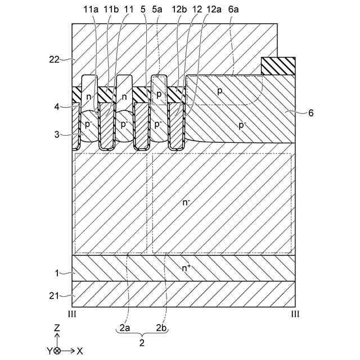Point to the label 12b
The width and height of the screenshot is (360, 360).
click(180, 10)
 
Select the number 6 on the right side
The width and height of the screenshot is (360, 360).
click(311, 113)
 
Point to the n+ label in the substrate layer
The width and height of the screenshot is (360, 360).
click(186, 268)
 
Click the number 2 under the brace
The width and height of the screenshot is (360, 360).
click(142, 341)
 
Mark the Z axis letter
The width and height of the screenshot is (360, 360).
click(57, 327)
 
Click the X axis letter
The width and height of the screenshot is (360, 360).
click(80, 350)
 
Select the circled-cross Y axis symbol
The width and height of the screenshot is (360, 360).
click(57, 350)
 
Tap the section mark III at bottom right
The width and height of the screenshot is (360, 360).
click(295, 313)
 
